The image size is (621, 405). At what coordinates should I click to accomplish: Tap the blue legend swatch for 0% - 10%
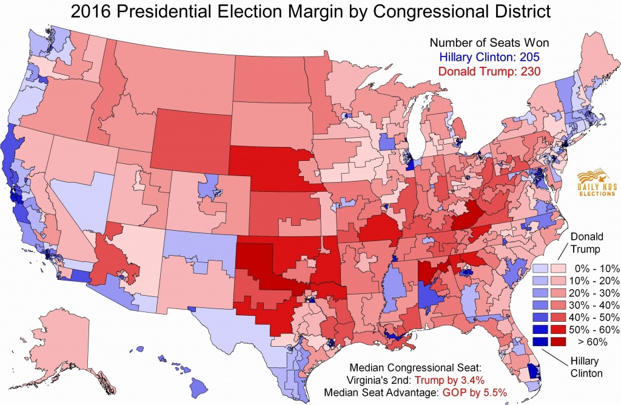(540, 268)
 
